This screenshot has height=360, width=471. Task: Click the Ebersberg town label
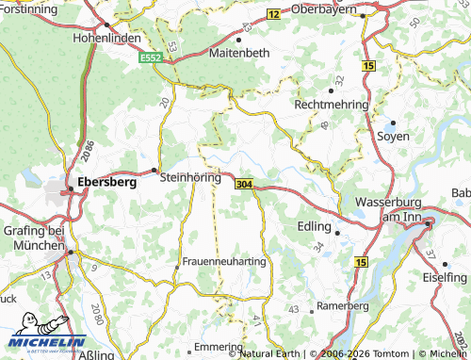106,182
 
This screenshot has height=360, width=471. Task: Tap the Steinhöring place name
191,176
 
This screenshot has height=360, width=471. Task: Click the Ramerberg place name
342,306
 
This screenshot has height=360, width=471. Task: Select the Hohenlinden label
106,40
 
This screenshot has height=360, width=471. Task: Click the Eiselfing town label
445,277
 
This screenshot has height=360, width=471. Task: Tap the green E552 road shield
151,58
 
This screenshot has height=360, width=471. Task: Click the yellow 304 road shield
244,183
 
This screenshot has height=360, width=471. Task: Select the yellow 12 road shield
273,14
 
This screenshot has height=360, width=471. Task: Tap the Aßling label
98,355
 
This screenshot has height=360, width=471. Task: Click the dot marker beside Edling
337,228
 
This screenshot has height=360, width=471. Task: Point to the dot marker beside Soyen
392,123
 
